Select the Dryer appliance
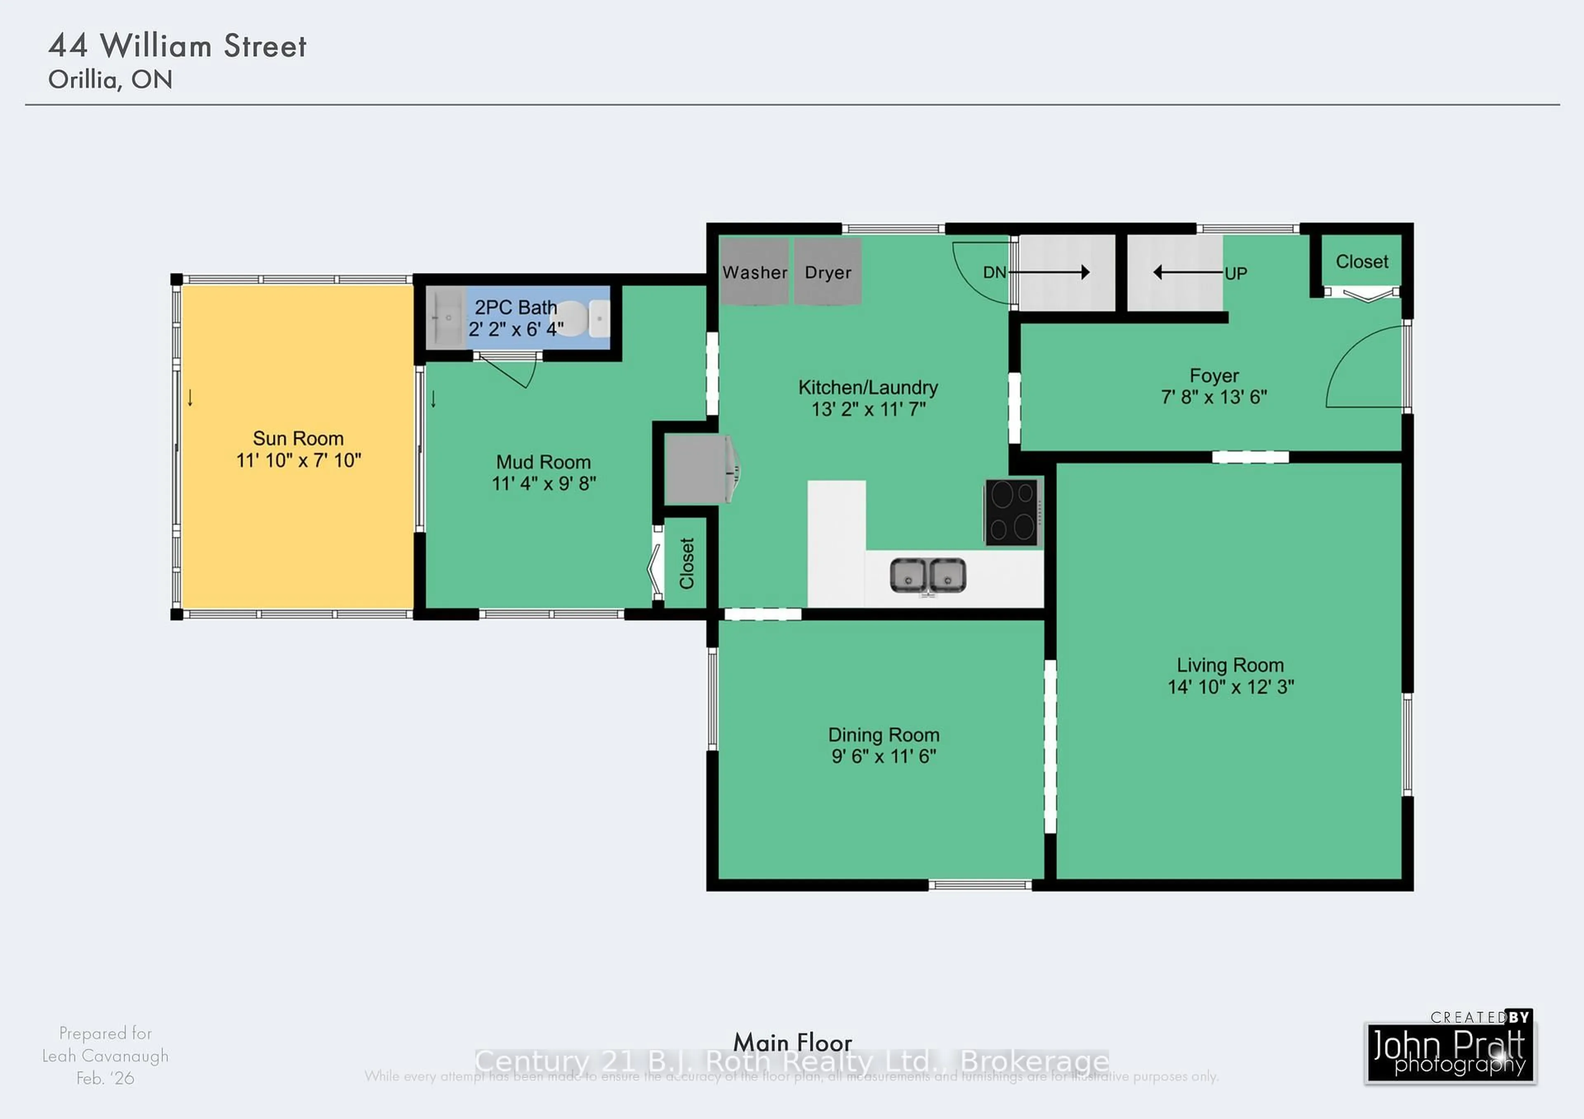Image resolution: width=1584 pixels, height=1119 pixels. pos(827,272)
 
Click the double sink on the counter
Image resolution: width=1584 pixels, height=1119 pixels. pos(928,576)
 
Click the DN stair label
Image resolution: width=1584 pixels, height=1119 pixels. pos(994,273)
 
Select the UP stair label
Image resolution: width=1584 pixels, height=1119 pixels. pos(1235,274)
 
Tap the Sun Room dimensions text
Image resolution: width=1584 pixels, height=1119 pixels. pos(298,461)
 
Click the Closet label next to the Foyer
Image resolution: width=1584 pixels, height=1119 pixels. pos(1361,262)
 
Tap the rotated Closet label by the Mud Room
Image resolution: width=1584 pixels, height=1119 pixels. pos(686,563)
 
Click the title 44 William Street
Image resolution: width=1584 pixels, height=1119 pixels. pos(177,46)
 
